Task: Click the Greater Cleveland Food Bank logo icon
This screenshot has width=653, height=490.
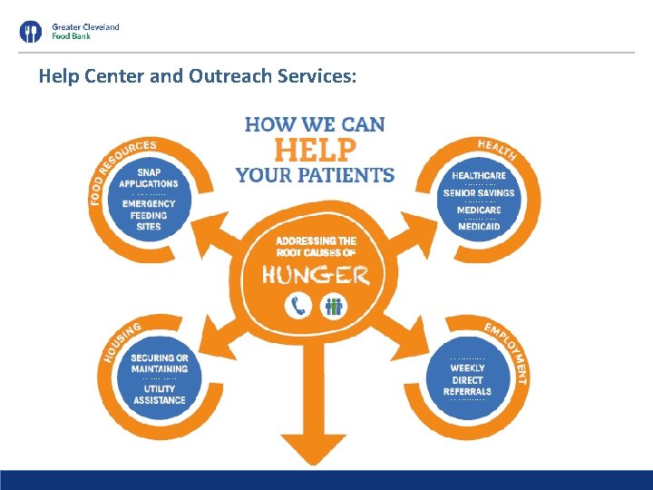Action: point(31,33)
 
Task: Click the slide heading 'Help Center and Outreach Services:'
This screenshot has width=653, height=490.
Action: point(198,76)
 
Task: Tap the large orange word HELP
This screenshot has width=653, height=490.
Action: point(315,150)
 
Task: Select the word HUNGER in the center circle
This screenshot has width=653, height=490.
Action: point(315,274)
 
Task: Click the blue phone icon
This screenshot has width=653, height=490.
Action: point(297,306)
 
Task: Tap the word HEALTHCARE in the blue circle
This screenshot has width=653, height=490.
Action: point(479,175)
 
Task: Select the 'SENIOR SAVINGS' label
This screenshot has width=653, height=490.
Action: point(479,192)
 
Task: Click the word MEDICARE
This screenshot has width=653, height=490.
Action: point(479,210)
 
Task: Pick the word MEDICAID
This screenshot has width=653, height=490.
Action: point(479,226)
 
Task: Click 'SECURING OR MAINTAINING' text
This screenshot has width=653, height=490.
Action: point(159,363)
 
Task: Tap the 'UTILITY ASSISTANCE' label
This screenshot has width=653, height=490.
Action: point(159,394)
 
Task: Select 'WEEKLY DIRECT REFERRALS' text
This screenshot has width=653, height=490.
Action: point(468,379)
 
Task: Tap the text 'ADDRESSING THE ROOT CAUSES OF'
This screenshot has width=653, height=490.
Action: point(315,246)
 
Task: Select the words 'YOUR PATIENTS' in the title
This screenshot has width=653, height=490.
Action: point(315,174)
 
